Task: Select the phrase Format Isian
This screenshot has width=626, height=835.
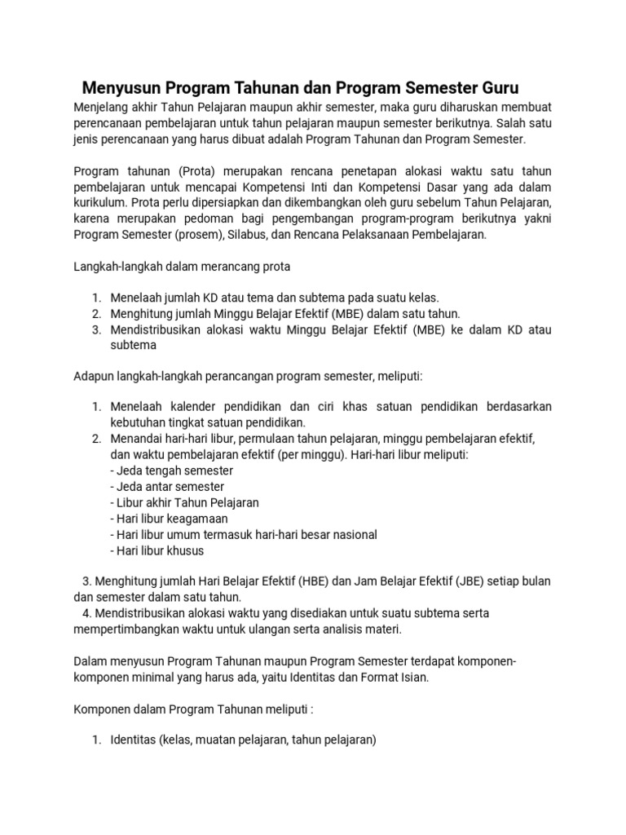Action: click(x=395, y=677)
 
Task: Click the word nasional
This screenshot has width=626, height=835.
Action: click(x=351, y=535)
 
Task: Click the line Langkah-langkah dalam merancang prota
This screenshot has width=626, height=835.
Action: click(x=182, y=266)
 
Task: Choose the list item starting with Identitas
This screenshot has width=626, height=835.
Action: click(x=243, y=740)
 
